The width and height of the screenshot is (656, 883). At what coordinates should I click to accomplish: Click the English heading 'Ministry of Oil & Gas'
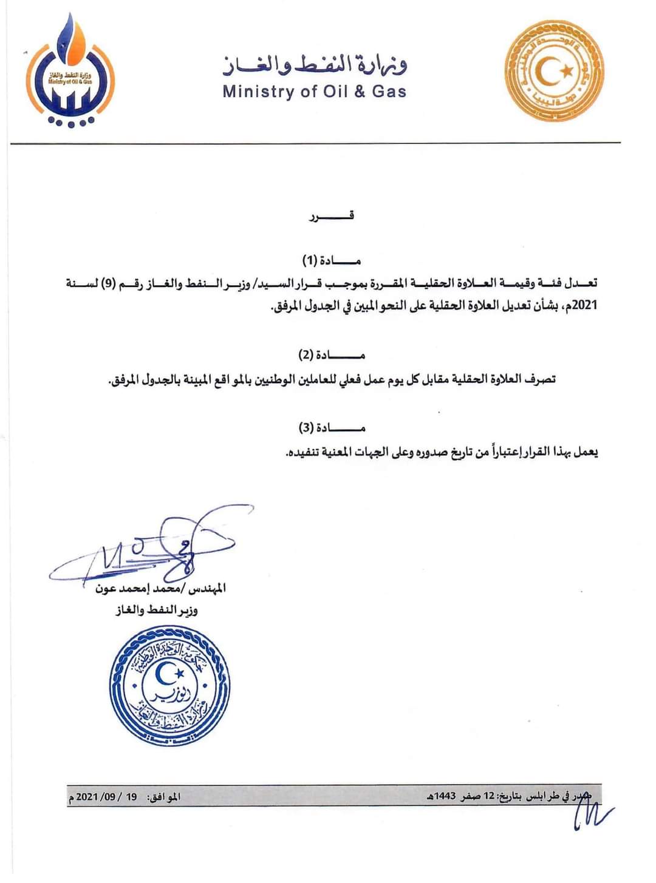click(x=314, y=92)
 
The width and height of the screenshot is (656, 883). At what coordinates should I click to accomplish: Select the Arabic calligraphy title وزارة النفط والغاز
click(x=315, y=64)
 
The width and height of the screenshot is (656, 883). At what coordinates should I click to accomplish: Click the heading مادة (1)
click(x=331, y=261)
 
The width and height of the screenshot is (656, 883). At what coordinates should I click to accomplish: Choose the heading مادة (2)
click(x=331, y=354)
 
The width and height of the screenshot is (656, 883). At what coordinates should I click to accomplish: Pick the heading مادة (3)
click(x=331, y=428)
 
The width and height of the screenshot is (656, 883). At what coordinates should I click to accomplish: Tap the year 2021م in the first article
click(x=584, y=305)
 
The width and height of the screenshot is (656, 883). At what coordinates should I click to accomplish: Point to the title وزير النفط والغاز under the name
click(x=157, y=610)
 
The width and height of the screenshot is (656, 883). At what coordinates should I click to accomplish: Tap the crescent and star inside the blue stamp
click(x=168, y=673)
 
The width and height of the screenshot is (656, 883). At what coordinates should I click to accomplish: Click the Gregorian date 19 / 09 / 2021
click(x=107, y=796)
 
